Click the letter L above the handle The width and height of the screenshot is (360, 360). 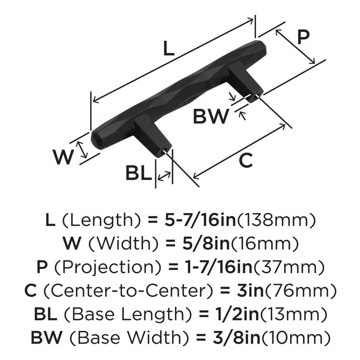pyautogui.click(x=168, y=49)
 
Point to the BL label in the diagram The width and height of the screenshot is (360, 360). pyautogui.click(x=138, y=173)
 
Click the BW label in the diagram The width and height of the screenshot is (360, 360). pyautogui.click(x=211, y=116)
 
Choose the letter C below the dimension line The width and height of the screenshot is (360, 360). pyautogui.click(x=245, y=161)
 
